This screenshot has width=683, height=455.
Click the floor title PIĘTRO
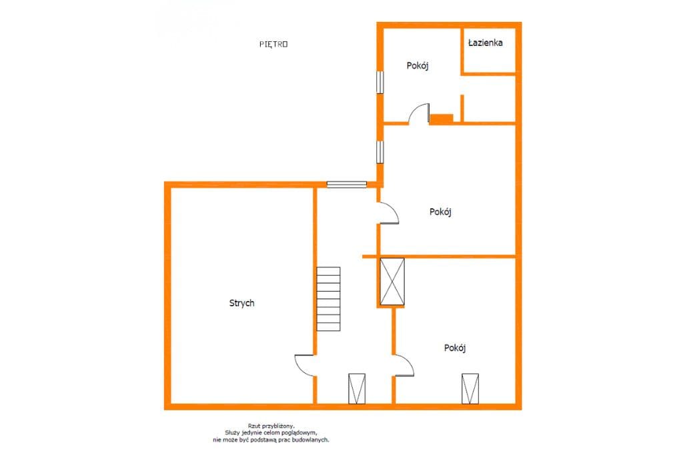click(273, 44)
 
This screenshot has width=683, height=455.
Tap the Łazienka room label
click(486, 43)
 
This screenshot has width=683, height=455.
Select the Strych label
click(241, 303)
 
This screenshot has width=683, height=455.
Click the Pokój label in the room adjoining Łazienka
click(418, 66)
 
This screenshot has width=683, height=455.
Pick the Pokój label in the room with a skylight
click(455, 348)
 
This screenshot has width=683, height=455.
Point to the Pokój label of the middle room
click(440, 211)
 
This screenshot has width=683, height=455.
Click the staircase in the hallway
click(328, 299)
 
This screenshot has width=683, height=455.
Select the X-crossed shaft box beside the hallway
click(392, 282)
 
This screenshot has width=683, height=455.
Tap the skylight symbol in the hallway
click(357, 389)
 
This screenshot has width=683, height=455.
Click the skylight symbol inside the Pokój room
click(470, 389)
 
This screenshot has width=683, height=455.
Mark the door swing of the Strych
click(304, 365)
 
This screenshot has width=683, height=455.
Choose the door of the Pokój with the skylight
click(404, 365)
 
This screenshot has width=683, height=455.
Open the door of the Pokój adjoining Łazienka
click(419, 113)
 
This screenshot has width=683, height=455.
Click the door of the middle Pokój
click(389, 213)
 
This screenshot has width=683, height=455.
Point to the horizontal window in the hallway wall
click(347, 184)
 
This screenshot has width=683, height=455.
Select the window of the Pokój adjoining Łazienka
click(380, 82)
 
